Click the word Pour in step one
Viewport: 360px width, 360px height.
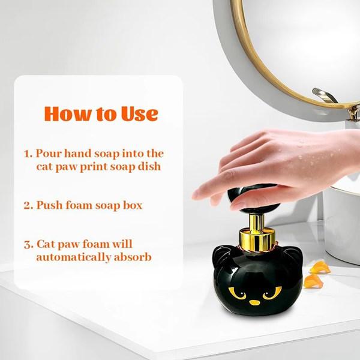[49, 154]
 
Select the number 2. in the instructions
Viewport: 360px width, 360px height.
[28, 205]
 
